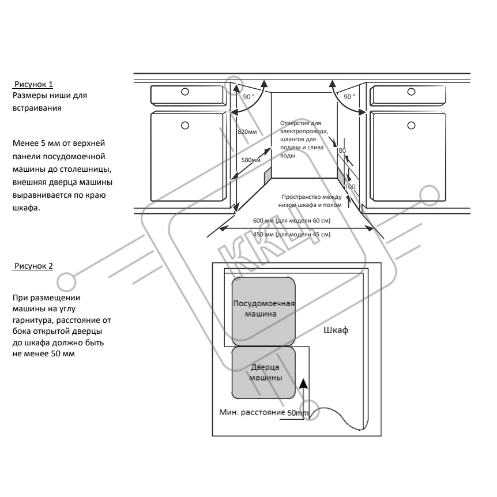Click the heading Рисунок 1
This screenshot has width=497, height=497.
(x=33, y=84)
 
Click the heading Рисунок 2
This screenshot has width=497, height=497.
(x=33, y=266)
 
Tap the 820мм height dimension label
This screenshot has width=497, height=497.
(x=247, y=131)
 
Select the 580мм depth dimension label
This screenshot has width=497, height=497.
(x=251, y=160)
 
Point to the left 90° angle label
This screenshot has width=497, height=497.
(x=249, y=96)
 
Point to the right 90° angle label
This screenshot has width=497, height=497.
(x=349, y=96)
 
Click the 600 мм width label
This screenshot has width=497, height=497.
(x=292, y=220)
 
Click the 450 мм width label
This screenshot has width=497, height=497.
(x=292, y=234)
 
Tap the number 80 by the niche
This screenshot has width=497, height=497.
(x=342, y=150)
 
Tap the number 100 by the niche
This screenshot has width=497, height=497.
(x=350, y=187)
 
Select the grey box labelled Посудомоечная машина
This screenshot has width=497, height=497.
(x=263, y=311)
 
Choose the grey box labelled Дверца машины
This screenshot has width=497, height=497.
(x=263, y=372)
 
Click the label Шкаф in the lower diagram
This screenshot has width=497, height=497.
(x=336, y=330)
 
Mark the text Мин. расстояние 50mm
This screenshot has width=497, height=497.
(x=263, y=412)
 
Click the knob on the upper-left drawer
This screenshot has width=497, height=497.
(x=185, y=92)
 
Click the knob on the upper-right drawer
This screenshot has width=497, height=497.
(x=412, y=92)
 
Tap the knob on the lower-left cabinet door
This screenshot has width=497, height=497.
(x=185, y=126)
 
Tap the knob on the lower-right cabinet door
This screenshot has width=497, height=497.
(x=412, y=126)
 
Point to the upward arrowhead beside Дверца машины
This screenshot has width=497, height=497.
(x=303, y=383)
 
